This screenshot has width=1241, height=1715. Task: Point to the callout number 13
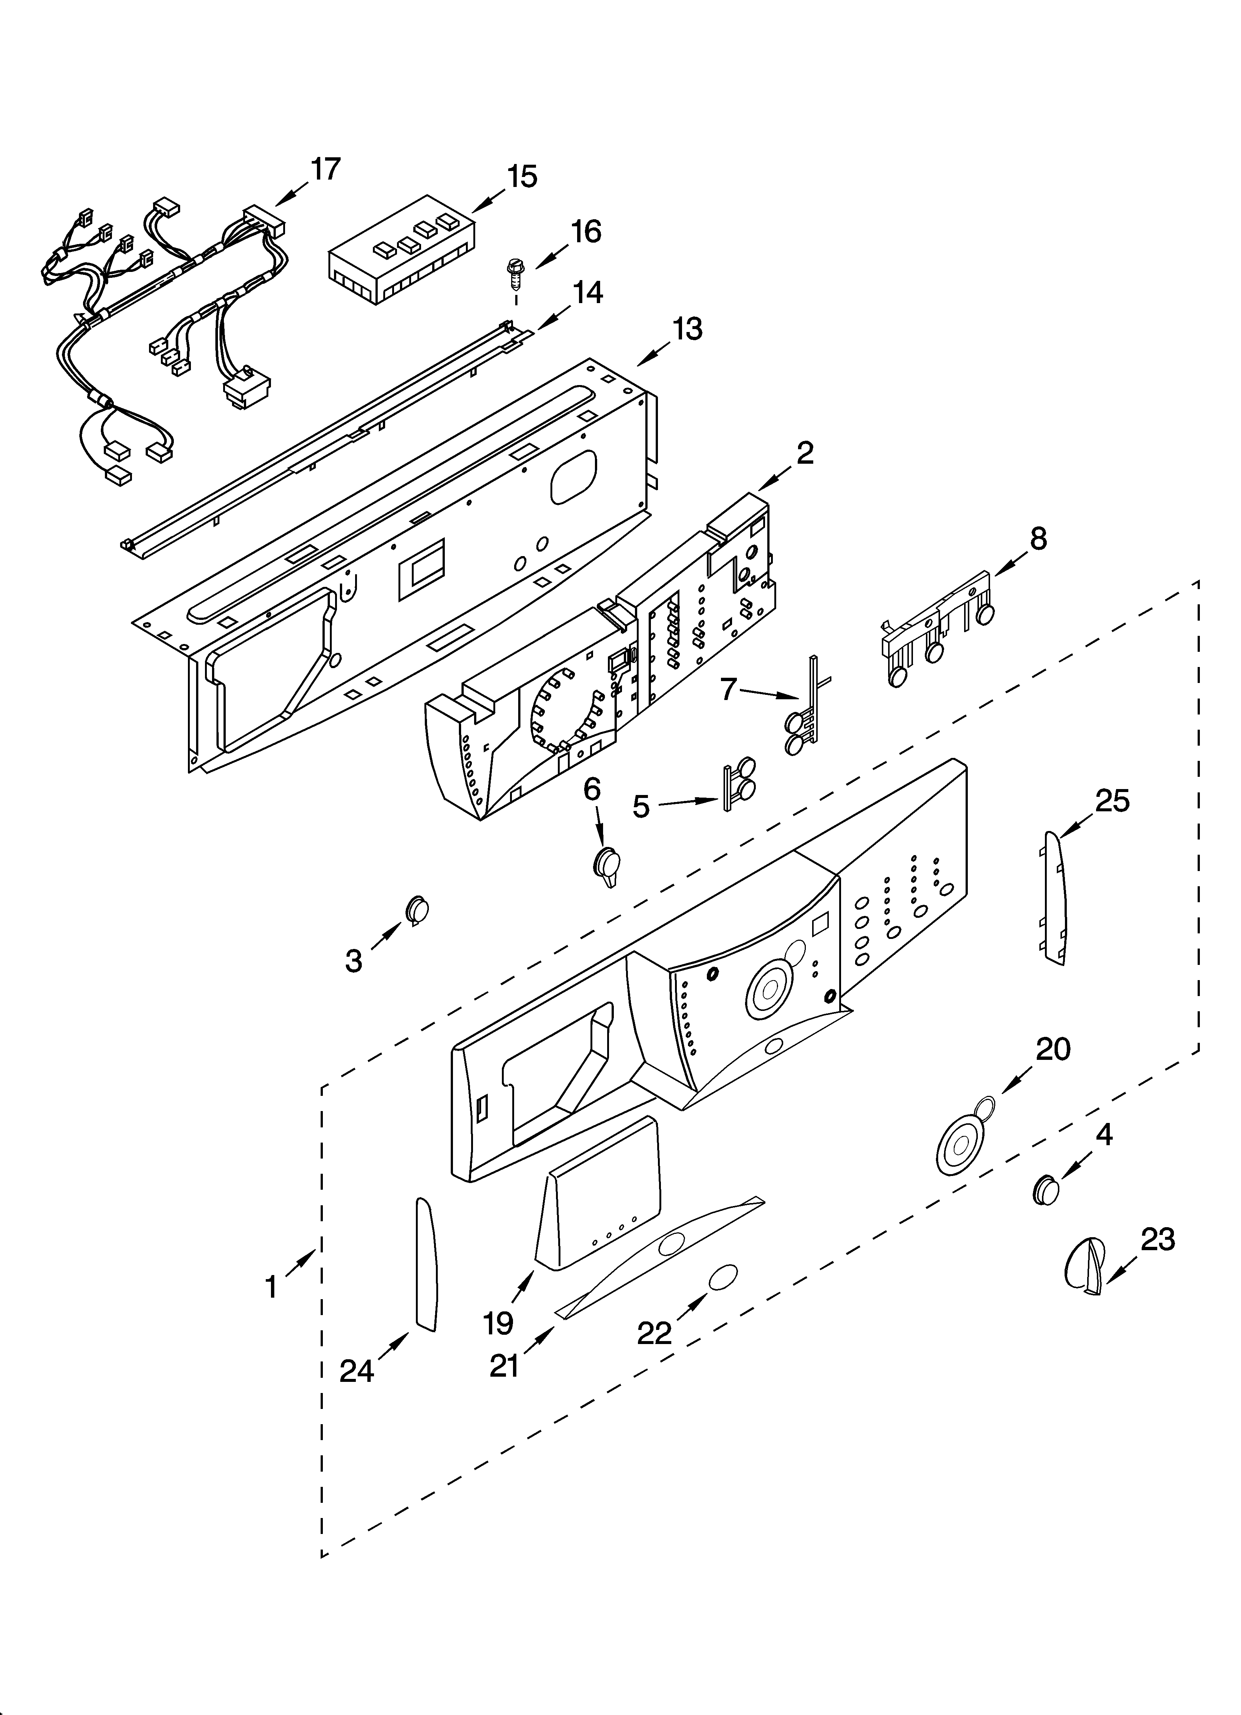[x=687, y=329]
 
